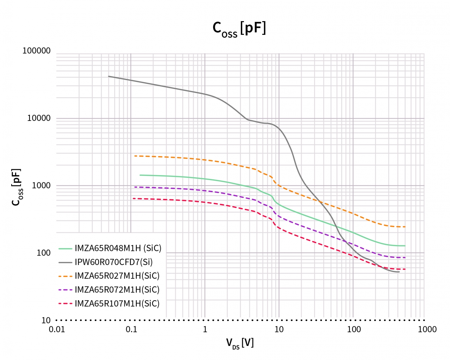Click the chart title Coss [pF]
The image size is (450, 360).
tap(239, 28)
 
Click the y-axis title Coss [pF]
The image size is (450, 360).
tap(17, 187)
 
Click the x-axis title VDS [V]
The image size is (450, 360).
tap(240, 343)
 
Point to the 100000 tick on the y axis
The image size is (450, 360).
tap(37, 51)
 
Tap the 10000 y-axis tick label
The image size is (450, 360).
tap(39, 118)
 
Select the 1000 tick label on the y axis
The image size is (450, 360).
tap(41, 186)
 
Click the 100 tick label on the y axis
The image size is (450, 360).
tap(44, 253)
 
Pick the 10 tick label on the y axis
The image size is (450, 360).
tap(46, 320)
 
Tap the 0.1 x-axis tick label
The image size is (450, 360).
tap(131, 329)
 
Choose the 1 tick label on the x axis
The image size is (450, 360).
tap(205, 329)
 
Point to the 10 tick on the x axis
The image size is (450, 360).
tap(279, 329)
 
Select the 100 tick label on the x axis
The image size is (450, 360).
tap(354, 329)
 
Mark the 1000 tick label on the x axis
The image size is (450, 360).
tap(427, 329)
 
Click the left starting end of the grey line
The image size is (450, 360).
tap(109, 76)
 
